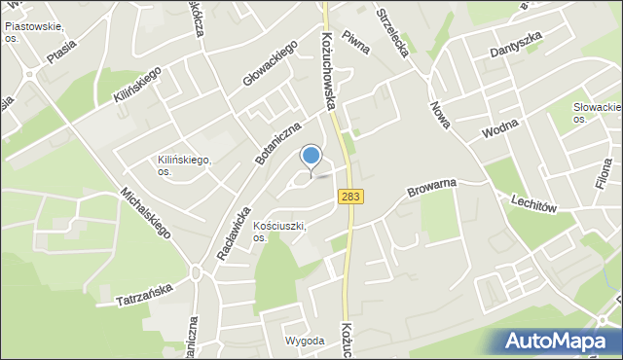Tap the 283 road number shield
[x=352, y=198]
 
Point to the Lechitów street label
[x=531, y=199]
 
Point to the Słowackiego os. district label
[x=596, y=112]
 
